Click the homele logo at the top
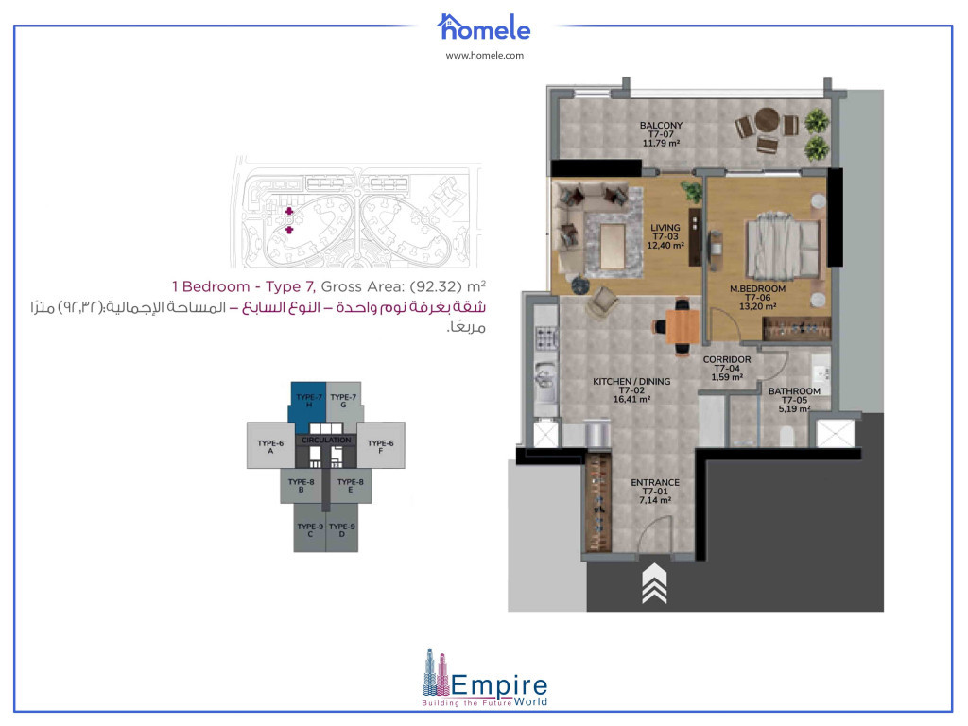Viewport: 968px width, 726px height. point(484,26)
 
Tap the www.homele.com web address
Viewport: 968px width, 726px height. point(484,56)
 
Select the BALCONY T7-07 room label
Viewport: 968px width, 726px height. point(661,134)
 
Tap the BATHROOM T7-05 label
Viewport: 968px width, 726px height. point(794,400)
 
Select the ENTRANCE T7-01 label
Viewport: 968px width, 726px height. point(655,492)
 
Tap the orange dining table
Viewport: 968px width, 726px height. point(681,325)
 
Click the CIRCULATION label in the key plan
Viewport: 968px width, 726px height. point(326,441)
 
